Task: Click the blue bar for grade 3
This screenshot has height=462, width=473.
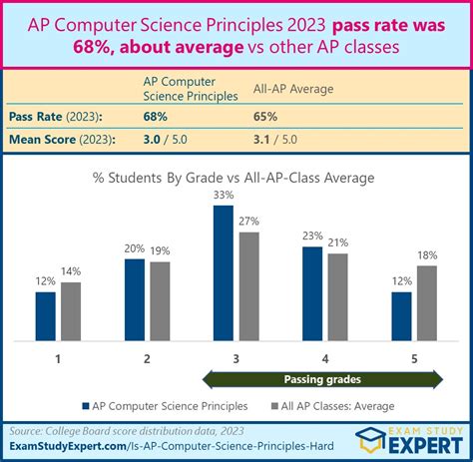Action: pos(223,272)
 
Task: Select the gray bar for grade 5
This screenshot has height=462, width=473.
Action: pos(427,302)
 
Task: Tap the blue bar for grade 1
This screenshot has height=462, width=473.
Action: pos(45,315)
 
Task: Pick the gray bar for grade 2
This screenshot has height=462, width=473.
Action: pos(160,300)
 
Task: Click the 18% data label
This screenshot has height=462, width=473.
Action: pos(428,256)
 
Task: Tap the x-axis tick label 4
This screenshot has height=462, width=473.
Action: pos(324,356)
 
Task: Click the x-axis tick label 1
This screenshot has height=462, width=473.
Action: pos(58,356)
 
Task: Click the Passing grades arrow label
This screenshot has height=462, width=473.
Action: pos(323,379)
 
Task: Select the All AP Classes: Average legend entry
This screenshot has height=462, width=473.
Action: pos(338,406)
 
